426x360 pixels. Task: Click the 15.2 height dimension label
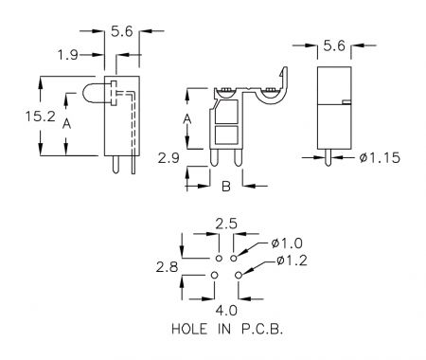click(41, 117)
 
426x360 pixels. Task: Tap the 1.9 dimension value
click(67, 55)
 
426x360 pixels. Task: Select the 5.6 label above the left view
click(122, 31)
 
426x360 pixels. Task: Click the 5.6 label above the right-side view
click(334, 46)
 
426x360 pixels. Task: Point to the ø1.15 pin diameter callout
click(380, 157)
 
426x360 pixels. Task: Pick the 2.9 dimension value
click(169, 158)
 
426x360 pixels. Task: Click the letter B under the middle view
click(226, 187)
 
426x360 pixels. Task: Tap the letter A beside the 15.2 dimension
click(66, 123)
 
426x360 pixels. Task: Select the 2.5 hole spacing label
click(226, 224)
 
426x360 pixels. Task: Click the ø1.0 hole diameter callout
click(287, 243)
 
